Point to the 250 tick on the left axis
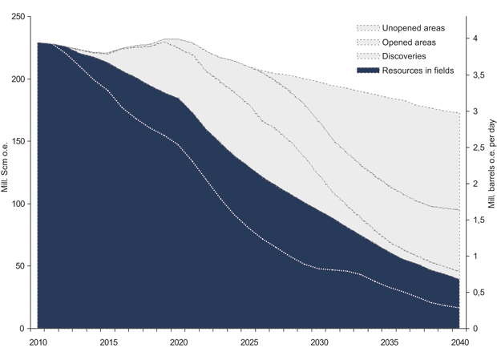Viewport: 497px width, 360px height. tap(17, 17)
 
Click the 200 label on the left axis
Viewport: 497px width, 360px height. tap(17, 79)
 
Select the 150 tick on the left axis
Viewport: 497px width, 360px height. tap(17, 142)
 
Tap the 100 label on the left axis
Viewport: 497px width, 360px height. tap(17, 204)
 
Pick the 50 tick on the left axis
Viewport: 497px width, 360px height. tap(19, 266)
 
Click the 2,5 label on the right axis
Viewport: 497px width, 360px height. tap(478, 148)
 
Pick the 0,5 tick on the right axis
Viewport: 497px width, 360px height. tap(478, 293)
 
